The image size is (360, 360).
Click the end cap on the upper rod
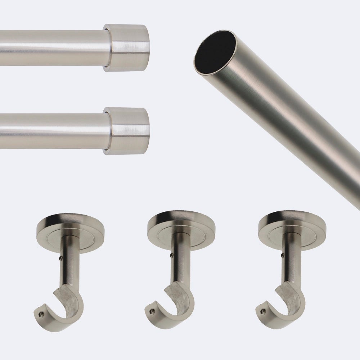coord(127,48)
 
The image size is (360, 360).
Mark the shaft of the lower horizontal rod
coord(50,130)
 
